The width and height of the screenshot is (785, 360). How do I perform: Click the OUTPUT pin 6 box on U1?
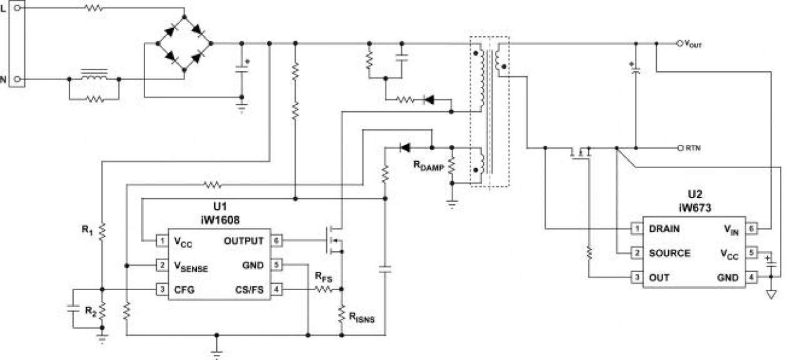click(x=277, y=241)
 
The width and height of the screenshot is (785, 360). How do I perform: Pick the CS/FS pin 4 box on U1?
click(x=277, y=289)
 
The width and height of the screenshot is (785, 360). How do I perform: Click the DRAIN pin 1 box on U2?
click(x=636, y=229)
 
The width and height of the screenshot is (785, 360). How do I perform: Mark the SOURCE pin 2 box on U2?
click(x=636, y=253)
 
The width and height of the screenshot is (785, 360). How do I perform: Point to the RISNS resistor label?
click(x=362, y=317)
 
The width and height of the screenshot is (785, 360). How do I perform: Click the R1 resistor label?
click(x=87, y=229)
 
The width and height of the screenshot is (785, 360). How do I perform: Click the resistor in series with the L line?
click(x=94, y=9)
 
